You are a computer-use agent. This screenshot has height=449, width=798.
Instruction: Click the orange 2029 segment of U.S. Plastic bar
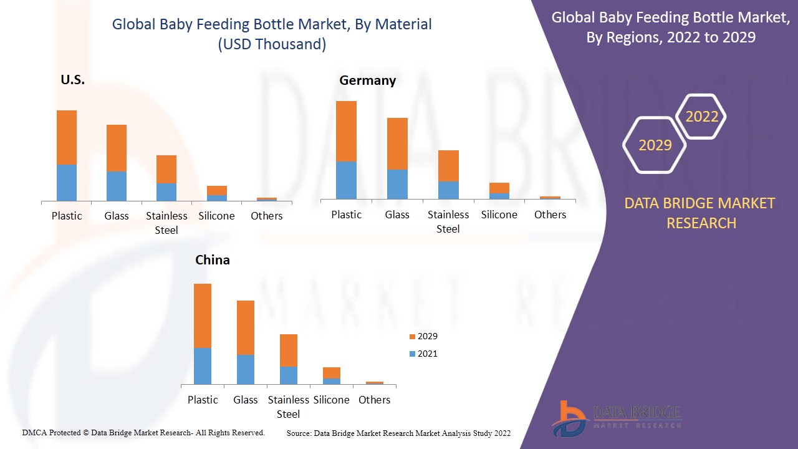(x=67, y=137)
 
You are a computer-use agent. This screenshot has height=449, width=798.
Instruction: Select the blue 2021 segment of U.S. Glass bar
(x=117, y=186)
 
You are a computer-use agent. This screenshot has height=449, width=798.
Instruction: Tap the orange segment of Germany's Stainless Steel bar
(x=448, y=165)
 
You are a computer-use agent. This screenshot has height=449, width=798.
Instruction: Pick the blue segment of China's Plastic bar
(x=203, y=365)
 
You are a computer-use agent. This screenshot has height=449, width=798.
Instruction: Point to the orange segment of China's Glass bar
(x=246, y=327)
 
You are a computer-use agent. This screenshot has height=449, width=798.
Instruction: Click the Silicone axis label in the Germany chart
(x=499, y=215)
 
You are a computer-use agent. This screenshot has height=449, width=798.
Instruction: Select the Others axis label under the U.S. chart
(x=267, y=216)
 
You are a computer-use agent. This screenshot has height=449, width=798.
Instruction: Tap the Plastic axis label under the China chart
(x=203, y=400)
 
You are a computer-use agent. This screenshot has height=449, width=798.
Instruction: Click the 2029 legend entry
(x=423, y=336)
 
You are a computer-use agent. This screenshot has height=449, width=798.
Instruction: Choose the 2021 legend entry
(x=423, y=354)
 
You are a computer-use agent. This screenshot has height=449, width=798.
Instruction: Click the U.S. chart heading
(x=72, y=80)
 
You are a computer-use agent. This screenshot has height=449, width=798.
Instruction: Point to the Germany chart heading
(x=367, y=80)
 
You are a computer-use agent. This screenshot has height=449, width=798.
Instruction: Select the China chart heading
(x=213, y=260)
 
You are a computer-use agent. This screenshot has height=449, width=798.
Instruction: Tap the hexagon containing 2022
(x=701, y=117)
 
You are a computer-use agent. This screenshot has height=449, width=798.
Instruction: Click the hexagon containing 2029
(x=655, y=145)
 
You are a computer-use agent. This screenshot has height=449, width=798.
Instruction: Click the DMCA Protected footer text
(x=143, y=432)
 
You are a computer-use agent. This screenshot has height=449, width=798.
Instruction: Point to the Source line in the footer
(x=398, y=433)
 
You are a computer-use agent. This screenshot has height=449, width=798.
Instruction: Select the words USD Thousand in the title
(x=272, y=44)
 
